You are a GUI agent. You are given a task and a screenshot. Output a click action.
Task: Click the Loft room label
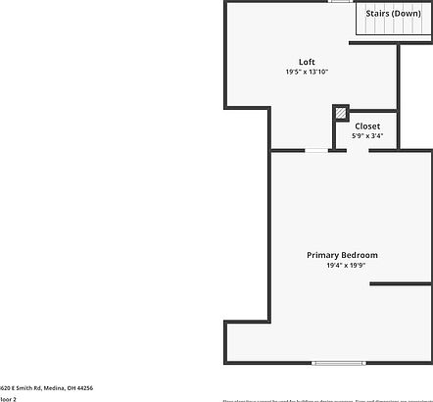[x=307, y=62]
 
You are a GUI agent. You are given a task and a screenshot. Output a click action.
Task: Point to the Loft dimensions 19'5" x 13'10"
[x=307, y=72]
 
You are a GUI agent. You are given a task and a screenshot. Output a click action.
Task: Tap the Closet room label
[x=367, y=126]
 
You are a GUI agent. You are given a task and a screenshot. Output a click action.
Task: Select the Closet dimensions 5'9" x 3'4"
[x=367, y=136]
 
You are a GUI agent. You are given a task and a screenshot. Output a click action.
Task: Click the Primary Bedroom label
[x=342, y=255]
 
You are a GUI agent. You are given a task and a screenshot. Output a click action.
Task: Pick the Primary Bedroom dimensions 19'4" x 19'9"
[x=342, y=265]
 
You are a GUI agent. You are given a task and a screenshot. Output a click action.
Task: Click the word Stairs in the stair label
[x=378, y=14]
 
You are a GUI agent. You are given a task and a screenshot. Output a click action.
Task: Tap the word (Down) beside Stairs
[x=407, y=14]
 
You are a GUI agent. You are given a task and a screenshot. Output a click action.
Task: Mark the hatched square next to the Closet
[x=341, y=113]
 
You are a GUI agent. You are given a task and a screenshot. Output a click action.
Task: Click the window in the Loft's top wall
[x=341, y=2]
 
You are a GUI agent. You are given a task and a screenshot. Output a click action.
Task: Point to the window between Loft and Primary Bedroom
[x=316, y=150]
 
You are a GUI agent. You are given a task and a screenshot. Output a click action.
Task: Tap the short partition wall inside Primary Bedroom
[x=401, y=284]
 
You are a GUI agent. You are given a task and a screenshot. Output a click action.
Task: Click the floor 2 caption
[x=8, y=399]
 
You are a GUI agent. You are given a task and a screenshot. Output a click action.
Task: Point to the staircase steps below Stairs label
[x=393, y=31]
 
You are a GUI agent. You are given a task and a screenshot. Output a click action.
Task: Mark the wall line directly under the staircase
[x=392, y=43]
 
